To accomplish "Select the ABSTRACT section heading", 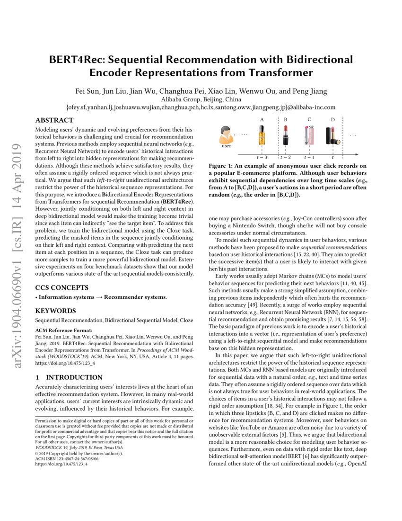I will [x=54, y=120].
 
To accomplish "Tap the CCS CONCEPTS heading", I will [x=62, y=287].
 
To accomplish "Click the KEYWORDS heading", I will [x=56, y=311].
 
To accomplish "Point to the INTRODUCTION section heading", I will [x=76, y=377].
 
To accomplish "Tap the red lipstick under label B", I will [x=285, y=136].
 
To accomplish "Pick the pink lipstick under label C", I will [x=309, y=136].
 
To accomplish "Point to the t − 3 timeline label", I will [x=262, y=157].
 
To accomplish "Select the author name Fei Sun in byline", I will [x=88, y=91].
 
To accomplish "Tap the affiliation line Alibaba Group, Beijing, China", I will [x=201, y=99].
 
